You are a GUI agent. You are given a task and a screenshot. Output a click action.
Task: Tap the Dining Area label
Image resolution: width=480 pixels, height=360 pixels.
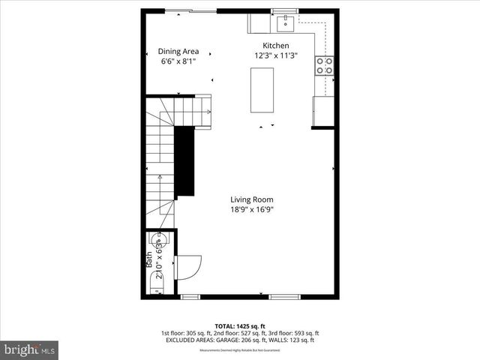[178, 51]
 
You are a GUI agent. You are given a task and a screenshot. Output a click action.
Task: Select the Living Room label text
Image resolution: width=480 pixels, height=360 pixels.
[251, 199]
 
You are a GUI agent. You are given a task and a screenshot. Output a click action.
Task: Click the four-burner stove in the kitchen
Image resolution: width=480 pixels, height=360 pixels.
[325, 66]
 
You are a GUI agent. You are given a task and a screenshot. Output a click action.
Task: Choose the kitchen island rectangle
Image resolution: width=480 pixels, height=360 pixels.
[262, 89]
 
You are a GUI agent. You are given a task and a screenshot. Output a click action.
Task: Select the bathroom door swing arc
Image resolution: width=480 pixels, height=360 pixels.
[188, 268]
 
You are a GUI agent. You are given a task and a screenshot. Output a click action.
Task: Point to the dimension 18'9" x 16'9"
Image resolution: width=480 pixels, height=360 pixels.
[251, 210]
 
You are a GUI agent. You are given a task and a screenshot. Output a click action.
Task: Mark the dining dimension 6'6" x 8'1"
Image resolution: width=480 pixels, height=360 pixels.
[178, 61]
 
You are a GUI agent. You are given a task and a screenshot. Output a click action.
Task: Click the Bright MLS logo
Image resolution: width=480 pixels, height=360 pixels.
[30, 349]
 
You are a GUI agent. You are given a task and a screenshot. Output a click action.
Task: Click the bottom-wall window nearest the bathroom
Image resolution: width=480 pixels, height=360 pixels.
[191, 296]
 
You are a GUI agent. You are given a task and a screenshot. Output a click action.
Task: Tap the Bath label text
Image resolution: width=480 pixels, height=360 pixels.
[148, 259]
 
